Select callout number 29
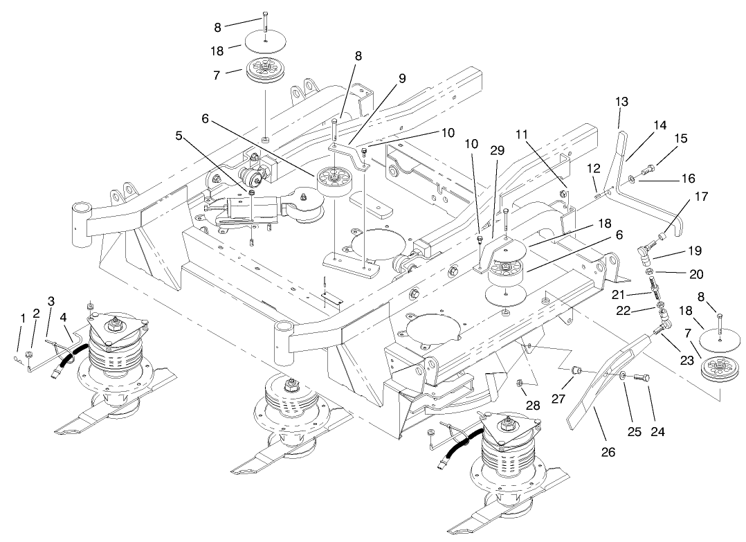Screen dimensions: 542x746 497,149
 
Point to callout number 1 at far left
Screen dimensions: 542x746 22,317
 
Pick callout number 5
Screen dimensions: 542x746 179,136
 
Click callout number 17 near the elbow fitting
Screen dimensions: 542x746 702,197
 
